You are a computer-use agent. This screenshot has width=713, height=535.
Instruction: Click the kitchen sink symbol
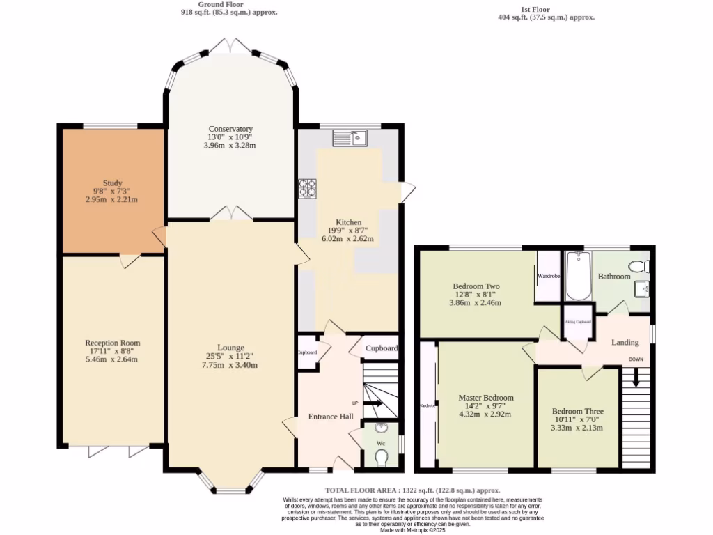tap(350, 138)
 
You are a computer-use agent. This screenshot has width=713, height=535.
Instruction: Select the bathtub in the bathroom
tap(578, 276)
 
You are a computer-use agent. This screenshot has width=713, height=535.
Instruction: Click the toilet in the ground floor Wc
tap(381, 456)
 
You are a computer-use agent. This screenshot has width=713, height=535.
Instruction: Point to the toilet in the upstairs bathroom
tap(638, 266)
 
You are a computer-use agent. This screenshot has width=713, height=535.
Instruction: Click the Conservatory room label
tap(230, 129)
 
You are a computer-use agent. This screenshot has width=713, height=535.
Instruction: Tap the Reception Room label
tap(112, 343)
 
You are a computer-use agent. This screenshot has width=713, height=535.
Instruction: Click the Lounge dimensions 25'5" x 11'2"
tap(230, 357)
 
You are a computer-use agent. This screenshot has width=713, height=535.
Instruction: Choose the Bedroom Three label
tap(577, 411)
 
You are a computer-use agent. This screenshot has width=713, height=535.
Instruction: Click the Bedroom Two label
tap(476, 286)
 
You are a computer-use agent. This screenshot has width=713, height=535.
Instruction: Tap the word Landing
tap(625, 342)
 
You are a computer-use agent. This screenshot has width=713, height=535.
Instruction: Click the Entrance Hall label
tap(331, 417)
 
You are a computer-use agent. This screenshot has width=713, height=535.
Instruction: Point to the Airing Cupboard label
tap(578, 322)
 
